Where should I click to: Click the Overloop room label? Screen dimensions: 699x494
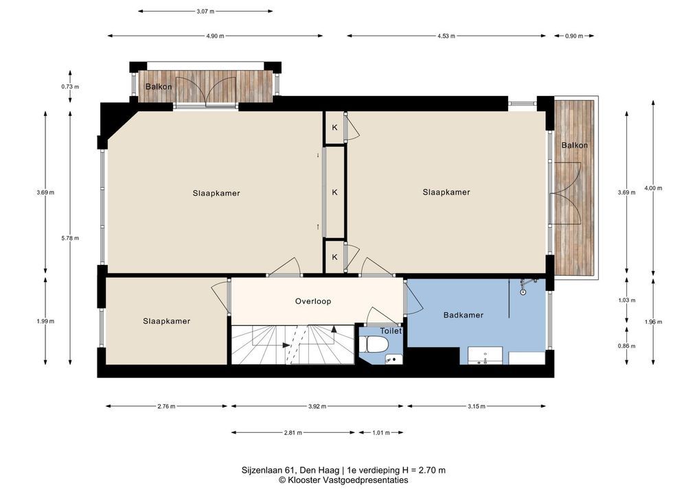313,302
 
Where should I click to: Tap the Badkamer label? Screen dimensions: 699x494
463,315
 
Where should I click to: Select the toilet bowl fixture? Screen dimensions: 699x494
375,344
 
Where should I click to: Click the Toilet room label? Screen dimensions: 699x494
391,331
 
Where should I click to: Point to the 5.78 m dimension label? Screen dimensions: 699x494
70,238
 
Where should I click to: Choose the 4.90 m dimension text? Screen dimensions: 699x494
215,36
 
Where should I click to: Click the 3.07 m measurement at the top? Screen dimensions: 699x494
205,12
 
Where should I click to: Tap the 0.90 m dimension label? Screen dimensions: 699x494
574,36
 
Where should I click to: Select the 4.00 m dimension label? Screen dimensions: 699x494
653,189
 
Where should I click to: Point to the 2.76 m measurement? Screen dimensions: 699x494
166,406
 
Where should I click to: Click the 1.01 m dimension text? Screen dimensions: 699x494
380,432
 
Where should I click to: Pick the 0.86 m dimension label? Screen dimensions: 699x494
627,346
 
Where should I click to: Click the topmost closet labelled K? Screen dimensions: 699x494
335,128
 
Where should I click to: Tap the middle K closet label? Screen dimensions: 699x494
335,192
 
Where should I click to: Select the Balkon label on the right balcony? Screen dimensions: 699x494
574,145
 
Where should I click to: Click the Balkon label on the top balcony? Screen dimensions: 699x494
159,86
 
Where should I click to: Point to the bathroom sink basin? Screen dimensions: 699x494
485,356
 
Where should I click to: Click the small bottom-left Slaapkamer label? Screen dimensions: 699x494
167,321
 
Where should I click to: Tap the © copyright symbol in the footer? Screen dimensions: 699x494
282,480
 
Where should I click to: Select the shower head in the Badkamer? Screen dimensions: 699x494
523,292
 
